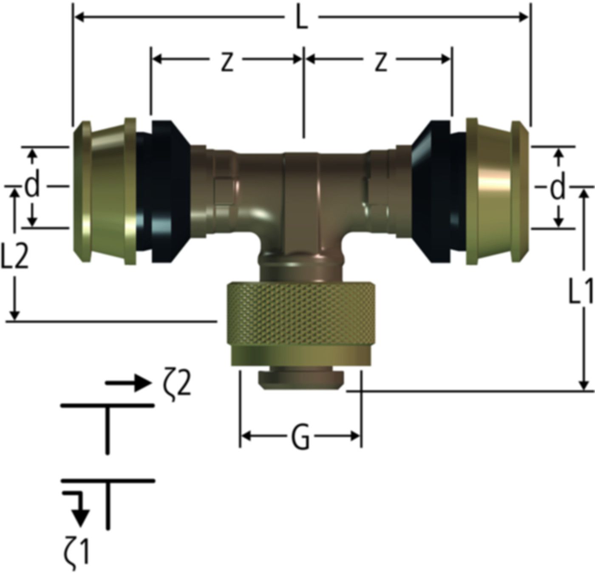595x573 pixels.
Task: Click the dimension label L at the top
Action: click(301, 18)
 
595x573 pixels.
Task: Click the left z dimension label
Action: click(227, 62)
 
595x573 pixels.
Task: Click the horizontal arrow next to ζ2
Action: click(127, 383)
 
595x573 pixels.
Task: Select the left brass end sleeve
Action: click(104, 193)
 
